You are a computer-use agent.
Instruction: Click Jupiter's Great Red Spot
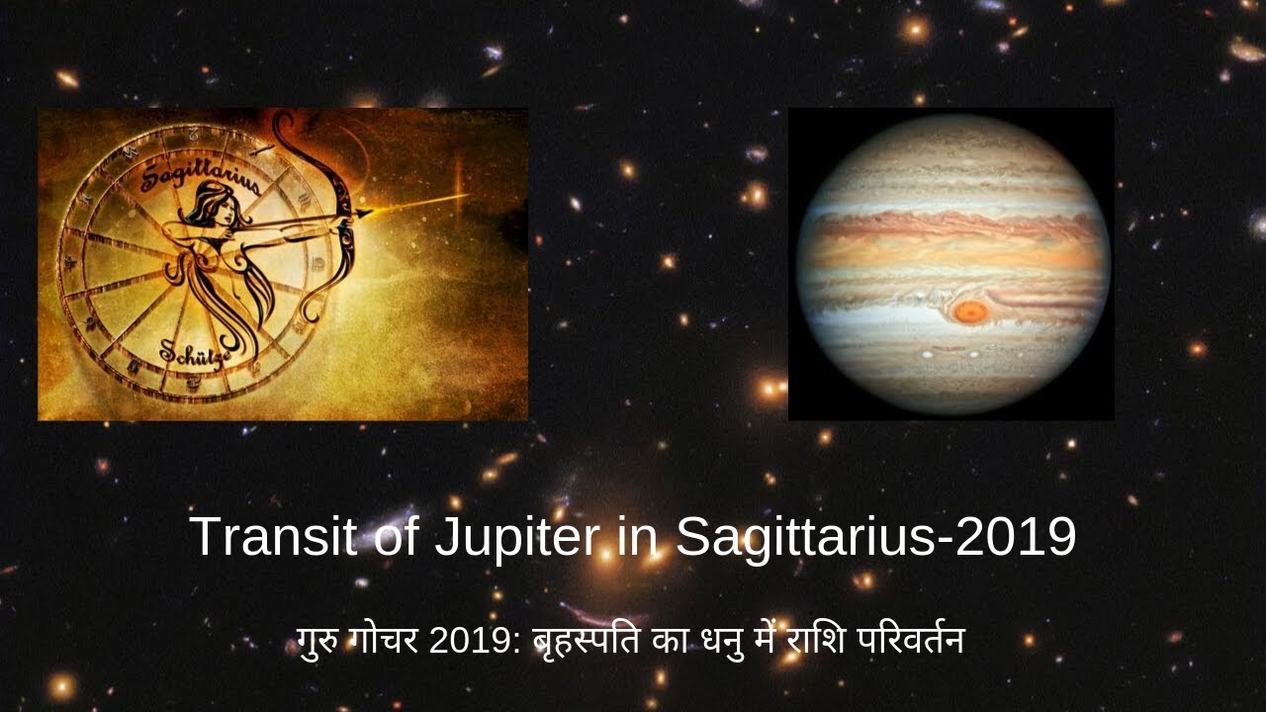(970, 312)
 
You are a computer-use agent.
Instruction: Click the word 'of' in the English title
(395, 537)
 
